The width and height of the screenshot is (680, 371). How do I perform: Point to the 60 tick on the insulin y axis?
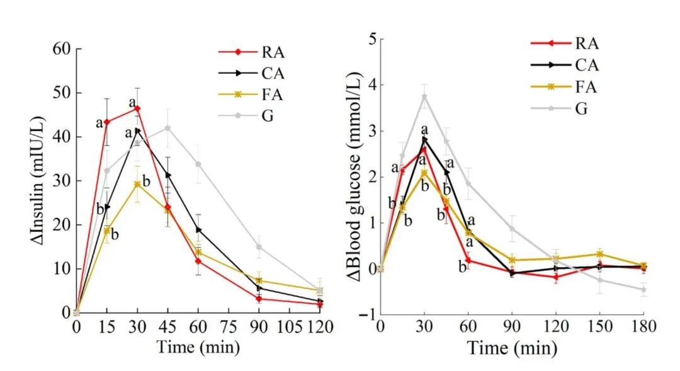click(62, 49)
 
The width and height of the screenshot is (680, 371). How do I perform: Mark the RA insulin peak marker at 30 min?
click(137, 108)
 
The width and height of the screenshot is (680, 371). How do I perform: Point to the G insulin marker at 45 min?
click(167, 128)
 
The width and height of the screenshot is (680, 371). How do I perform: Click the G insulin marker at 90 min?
click(259, 247)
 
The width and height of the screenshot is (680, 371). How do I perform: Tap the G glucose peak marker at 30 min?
click(424, 96)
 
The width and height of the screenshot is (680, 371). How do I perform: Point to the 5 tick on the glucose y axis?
click(371, 39)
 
